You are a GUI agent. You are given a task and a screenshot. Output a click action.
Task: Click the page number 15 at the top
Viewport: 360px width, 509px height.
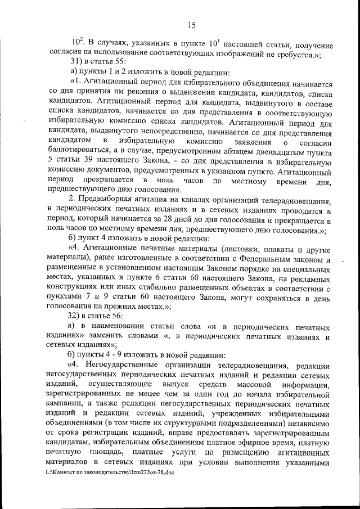[x=191, y=24]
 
